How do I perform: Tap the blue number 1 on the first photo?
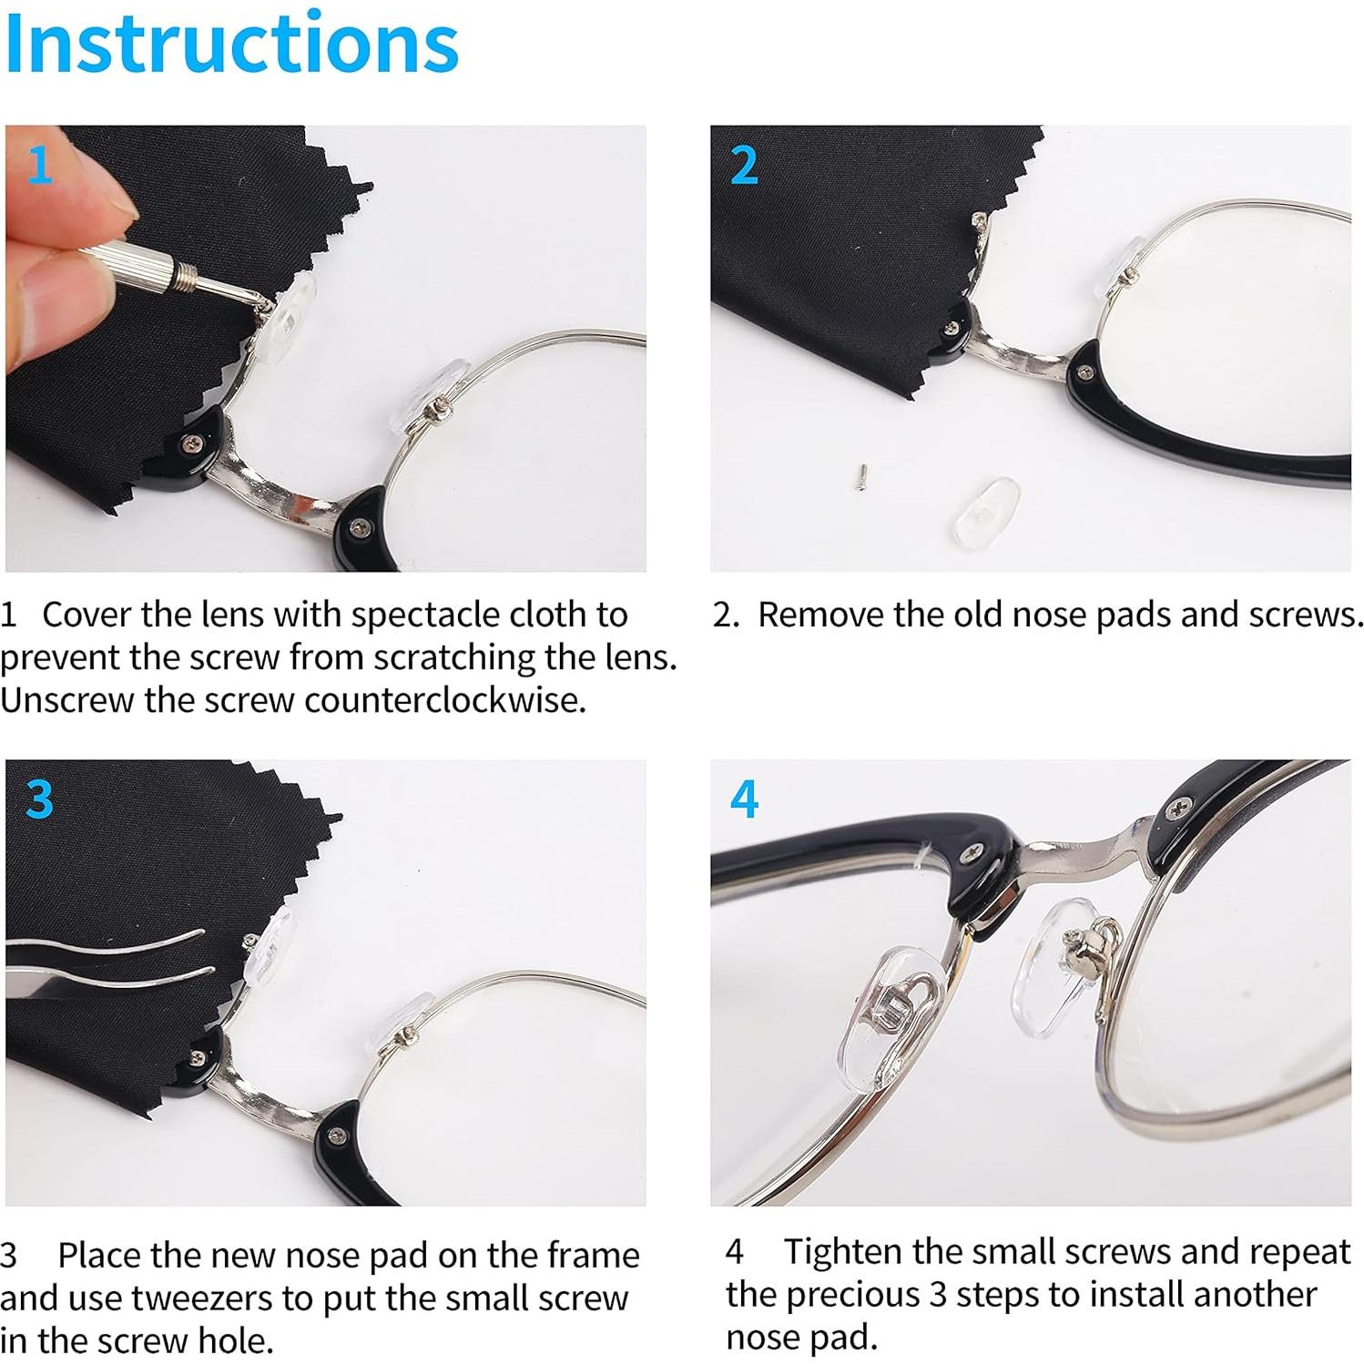click(x=39, y=166)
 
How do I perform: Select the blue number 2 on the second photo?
click(x=744, y=166)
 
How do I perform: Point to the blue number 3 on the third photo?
click(x=39, y=799)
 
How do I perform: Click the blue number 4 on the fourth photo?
click(x=744, y=799)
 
